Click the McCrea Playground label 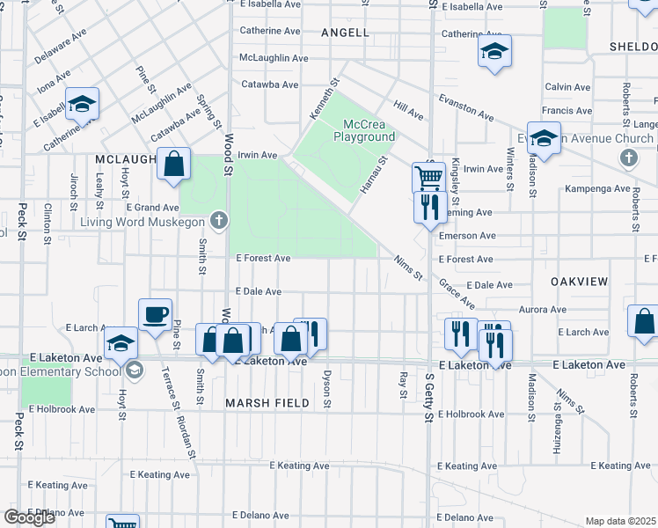pyautogui.click(x=363, y=130)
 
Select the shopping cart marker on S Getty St pyautogui.click(x=428, y=178)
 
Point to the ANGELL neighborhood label pyautogui.click(x=345, y=32)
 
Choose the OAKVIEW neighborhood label pyautogui.click(x=579, y=281)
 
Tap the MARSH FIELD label pyautogui.click(x=267, y=403)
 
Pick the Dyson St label pyautogui.click(x=327, y=388)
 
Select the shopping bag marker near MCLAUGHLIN pyautogui.click(x=174, y=164)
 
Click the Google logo pyautogui.click(x=29, y=517)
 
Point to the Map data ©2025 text pyautogui.click(x=619, y=521)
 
